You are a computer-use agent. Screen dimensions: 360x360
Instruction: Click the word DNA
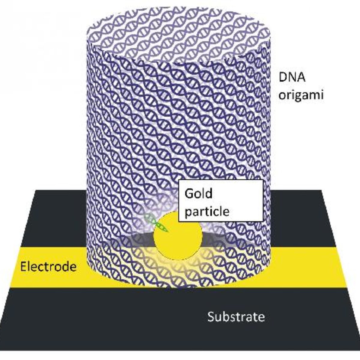(x=292, y=77)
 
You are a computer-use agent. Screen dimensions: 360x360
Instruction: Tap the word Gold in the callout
(x=198, y=193)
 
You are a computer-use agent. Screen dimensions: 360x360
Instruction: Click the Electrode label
(x=48, y=267)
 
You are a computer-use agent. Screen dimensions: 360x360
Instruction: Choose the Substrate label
(x=236, y=317)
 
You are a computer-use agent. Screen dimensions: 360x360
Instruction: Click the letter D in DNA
(x=282, y=77)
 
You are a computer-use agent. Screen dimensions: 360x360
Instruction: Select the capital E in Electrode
(x=23, y=267)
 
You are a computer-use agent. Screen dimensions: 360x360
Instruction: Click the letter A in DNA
(x=301, y=77)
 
